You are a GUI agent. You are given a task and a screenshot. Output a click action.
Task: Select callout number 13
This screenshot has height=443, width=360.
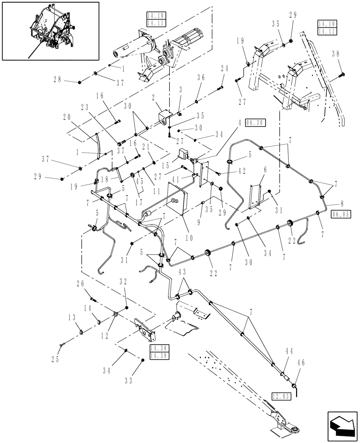(71, 317)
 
